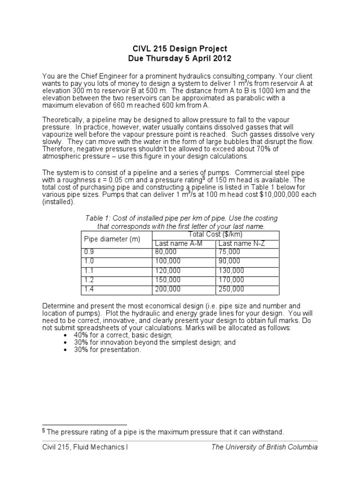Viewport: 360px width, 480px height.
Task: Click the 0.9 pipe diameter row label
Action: point(89,252)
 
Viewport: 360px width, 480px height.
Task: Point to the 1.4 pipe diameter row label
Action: point(89,289)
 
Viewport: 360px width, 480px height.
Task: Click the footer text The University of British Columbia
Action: point(264,447)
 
